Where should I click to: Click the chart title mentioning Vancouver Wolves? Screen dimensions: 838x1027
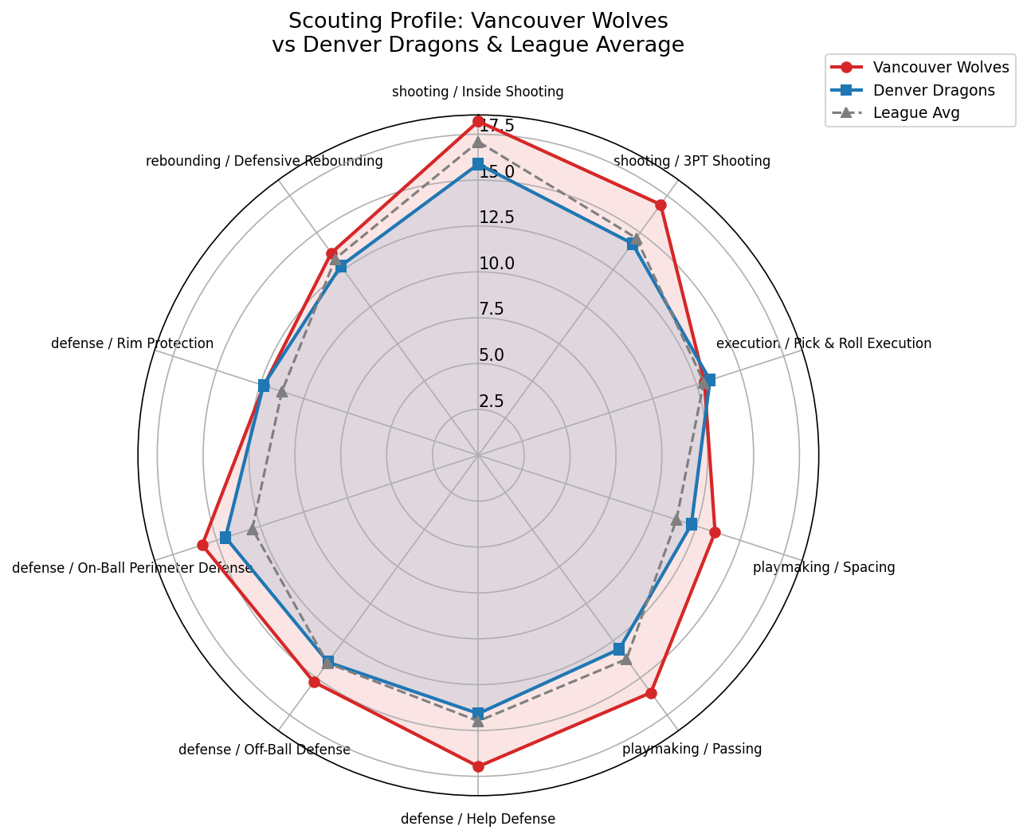pyautogui.click(x=477, y=33)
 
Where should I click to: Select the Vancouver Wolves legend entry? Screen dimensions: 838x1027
pyautogui.click(x=940, y=67)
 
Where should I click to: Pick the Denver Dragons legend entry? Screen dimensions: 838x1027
pyautogui.click(x=933, y=90)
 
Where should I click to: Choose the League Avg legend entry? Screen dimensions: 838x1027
pyautogui.click(x=915, y=112)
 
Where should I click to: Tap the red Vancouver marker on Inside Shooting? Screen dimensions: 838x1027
pyautogui.click(x=478, y=121)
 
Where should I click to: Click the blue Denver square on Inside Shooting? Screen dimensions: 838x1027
pyautogui.click(x=478, y=163)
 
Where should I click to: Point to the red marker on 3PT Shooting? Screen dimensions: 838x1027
pyautogui.click(x=660, y=205)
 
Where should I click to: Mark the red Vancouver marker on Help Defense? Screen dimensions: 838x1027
pyautogui.click(x=478, y=766)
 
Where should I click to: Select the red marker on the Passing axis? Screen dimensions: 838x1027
pyautogui.click(x=651, y=693)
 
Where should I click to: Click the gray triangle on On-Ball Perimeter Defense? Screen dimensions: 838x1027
pyautogui.click(x=252, y=529)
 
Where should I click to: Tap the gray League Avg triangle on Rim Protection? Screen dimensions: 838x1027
pyautogui.click(x=281, y=391)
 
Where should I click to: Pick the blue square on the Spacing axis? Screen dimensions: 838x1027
pyautogui.click(x=692, y=524)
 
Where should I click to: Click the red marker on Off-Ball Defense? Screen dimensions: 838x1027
pyautogui.click(x=314, y=682)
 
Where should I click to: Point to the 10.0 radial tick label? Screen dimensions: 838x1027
pyautogui.click(x=496, y=263)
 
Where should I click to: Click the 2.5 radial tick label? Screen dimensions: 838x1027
pyautogui.click(x=492, y=401)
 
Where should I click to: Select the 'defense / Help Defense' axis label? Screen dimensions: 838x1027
pyautogui.click(x=478, y=819)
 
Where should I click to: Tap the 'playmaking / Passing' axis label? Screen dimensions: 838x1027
pyautogui.click(x=692, y=749)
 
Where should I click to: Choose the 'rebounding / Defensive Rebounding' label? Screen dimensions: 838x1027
pyautogui.click(x=265, y=161)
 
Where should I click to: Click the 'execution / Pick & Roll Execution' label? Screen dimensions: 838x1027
pyautogui.click(x=823, y=343)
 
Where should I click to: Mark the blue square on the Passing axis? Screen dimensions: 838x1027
pyautogui.click(x=619, y=649)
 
